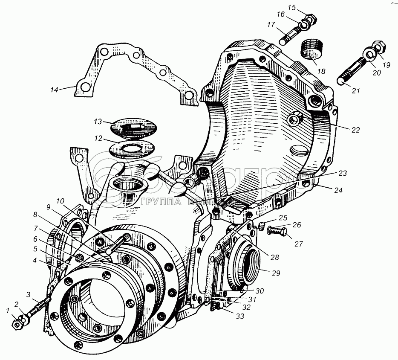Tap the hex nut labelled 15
coord(310,19)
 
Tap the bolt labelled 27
coord(275,232)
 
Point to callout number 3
coord(28,294)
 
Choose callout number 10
coord(59,201)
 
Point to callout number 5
coord(37,249)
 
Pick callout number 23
coord(342,173)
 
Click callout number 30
coord(260,291)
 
